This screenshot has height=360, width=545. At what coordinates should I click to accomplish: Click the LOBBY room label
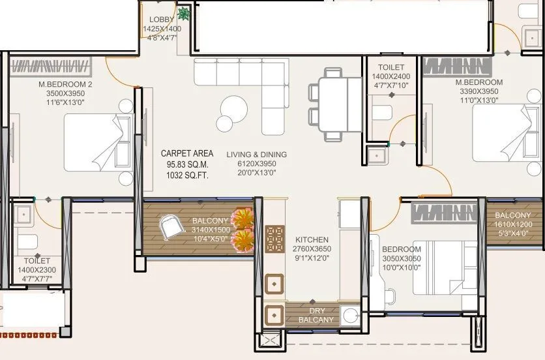point(162,20)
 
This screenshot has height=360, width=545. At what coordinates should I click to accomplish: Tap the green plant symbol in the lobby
point(184,13)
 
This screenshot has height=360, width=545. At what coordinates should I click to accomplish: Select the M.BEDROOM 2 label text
point(65,84)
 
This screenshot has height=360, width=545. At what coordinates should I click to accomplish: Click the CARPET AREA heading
point(187,154)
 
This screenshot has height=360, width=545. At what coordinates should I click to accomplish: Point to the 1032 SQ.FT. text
point(187,175)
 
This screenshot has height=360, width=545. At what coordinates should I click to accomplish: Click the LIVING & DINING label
point(257,155)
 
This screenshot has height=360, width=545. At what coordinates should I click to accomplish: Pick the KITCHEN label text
point(312,240)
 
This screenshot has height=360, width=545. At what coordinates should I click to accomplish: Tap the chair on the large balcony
point(173,226)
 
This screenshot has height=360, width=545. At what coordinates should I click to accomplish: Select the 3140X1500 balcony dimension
point(211,230)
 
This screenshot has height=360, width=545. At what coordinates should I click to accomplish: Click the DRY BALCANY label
point(316,315)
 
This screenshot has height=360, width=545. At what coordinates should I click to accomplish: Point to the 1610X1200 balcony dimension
point(513,224)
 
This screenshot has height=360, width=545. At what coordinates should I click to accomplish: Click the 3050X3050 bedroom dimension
point(401,258)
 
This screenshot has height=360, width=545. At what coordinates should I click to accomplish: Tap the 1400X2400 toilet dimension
point(391,76)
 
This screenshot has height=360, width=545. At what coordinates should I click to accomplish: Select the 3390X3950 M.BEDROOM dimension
point(479,92)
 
